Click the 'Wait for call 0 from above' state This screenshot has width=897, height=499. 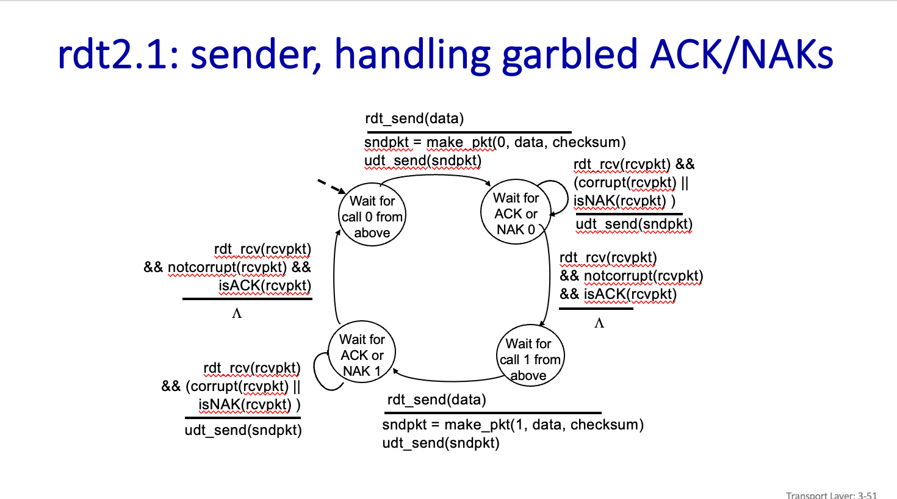[372, 217]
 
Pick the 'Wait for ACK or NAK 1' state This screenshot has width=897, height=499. [362, 354]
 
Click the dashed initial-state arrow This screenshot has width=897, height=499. [330, 185]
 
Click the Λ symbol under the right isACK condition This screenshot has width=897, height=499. [599, 323]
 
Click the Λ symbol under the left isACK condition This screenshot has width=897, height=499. [237, 314]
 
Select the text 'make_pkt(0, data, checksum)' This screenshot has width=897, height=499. [526, 142]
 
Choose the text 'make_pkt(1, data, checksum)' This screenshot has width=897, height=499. [544, 425]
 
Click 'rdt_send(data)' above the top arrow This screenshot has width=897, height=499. [414, 118]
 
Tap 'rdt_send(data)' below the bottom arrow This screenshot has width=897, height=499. [436, 400]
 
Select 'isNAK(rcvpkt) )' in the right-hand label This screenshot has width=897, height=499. [624, 201]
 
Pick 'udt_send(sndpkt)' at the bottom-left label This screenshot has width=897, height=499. [243, 430]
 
